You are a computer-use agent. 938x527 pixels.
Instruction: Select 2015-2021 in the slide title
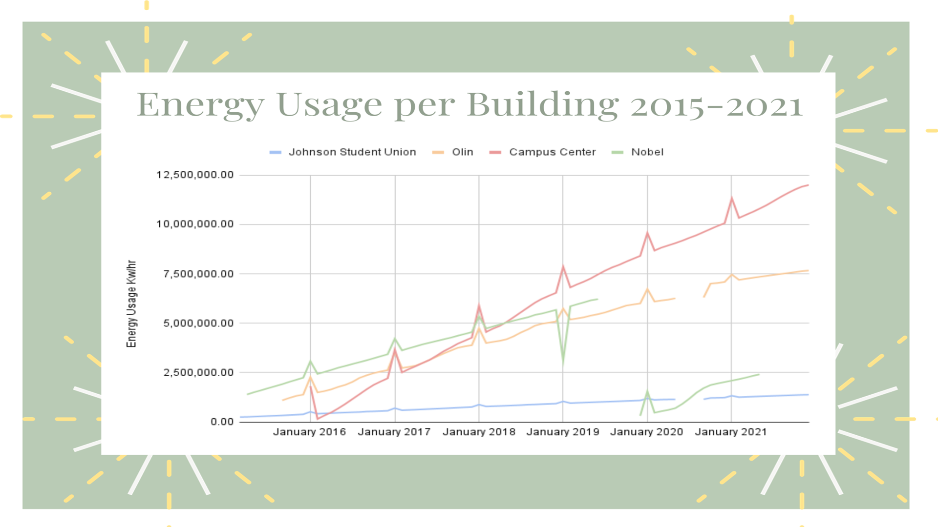[716, 105]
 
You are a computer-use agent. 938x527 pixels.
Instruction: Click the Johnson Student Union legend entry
[352, 152]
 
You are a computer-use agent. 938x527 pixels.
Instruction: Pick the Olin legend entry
[462, 152]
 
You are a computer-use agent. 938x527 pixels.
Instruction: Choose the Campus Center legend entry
[552, 152]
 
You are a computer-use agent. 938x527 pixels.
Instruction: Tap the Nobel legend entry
[647, 152]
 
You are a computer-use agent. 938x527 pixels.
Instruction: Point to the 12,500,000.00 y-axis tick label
[195, 175]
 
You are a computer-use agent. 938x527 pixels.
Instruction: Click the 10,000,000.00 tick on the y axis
[195, 224]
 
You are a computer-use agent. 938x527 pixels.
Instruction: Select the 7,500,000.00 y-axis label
[198, 274]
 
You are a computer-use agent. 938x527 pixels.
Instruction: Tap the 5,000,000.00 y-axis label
[198, 323]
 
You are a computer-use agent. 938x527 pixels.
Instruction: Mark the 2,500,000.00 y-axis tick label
[198, 372]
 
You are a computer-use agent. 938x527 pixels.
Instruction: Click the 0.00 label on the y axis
[222, 422]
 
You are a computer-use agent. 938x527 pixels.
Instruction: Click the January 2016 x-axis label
[309, 432]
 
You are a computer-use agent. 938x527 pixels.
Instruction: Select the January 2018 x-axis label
[479, 432]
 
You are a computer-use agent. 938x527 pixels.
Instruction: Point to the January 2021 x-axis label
[731, 432]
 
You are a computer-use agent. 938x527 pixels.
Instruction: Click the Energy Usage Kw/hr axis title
[131, 304]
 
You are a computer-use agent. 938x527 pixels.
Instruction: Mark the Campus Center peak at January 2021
[731, 198]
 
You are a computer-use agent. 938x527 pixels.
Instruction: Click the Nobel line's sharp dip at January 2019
[563, 362]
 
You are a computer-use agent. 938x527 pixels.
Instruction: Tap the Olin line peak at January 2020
[647, 289]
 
